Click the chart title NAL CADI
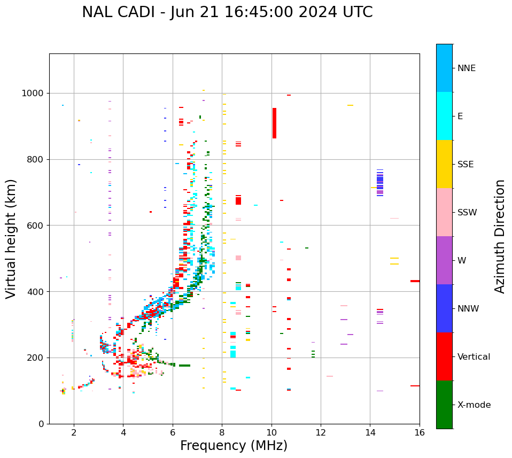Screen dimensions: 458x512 (227, 12)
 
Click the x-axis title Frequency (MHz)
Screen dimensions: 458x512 (234, 446)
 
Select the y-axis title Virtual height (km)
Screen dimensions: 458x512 (11, 238)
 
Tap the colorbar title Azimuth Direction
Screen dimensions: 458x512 (500, 236)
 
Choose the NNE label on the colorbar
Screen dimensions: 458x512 (466, 68)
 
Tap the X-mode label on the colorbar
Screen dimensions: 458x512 (474, 405)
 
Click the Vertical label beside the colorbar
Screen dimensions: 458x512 (474, 357)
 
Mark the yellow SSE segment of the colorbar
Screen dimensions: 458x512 (444, 164)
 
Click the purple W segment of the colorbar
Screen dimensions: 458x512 (444, 260)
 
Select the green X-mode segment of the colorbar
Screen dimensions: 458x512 (444, 405)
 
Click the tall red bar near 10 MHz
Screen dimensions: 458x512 (274, 123)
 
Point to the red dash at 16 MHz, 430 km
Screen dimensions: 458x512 (415, 281)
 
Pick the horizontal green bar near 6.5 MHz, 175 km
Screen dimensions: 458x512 (184, 366)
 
